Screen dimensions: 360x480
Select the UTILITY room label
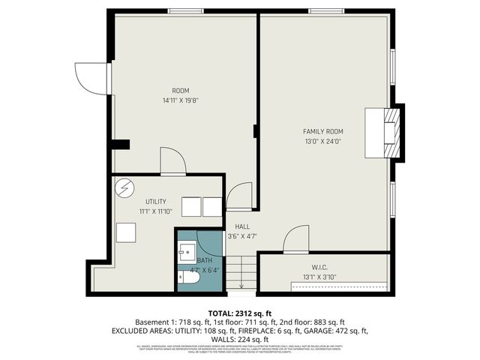pyautogui.click(x=156, y=202)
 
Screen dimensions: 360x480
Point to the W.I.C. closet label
pyautogui.click(x=321, y=267)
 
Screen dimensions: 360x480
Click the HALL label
pyautogui.click(x=242, y=226)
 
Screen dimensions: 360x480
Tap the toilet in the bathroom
pyautogui.click(x=188, y=279)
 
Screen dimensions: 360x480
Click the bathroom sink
pyautogui.click(x=187, y=251)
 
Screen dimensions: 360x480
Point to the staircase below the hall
pyautogui.click(x=241, y=271)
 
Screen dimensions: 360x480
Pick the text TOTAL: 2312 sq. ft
pyautogui.click(x=240, y=313)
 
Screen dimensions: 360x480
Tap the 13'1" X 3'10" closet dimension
pyautogui.click(x=320, y=277)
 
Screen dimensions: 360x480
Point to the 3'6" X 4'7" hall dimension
pyautogui.click(x=242, y=236)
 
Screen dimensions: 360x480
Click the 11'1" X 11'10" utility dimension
pyautogui.click(x=156, y=211)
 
